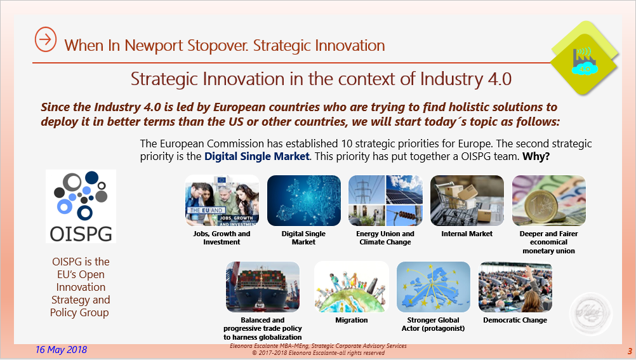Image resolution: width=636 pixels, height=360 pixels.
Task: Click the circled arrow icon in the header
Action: [45, 39]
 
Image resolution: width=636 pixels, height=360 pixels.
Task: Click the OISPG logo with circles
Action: [81, 206]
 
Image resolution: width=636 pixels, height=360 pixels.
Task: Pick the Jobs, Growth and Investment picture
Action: [222, 201]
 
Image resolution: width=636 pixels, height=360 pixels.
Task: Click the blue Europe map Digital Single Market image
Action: [303, 201]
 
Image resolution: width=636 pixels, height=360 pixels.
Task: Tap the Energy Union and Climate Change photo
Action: [385, 201]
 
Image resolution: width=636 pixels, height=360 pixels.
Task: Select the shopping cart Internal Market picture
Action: [467, 201]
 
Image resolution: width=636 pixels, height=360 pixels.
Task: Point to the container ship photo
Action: [263, 287]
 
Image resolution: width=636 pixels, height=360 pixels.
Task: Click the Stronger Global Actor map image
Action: [434, 287]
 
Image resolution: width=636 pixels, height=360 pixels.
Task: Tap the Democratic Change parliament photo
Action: [515, 287]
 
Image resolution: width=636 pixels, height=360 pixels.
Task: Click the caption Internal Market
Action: [467, 234]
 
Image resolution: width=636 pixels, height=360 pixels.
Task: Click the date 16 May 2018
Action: [62, 350]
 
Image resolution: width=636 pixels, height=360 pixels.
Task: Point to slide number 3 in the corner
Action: [629, 351]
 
